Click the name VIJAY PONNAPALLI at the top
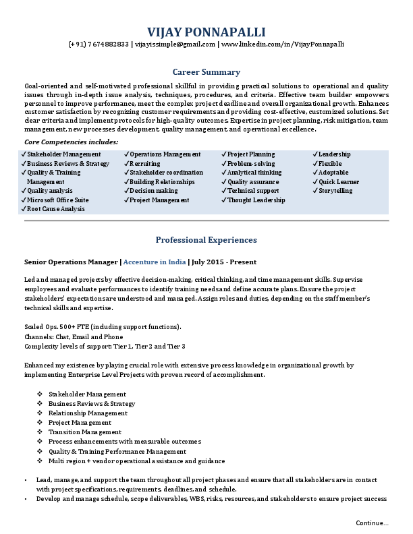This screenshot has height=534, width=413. coord(206,32)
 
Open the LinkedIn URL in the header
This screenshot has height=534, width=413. coord(283,44)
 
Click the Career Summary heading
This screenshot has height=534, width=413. coord(206,71)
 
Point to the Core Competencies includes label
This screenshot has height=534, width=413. coord(72,142)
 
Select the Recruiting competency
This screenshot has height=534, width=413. coord(145,164)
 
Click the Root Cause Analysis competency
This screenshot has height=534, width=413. coord(56,210)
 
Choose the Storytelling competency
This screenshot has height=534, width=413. coord(335,191)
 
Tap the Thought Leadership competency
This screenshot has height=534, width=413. coord(256,200)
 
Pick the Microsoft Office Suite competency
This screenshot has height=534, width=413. coord(58,200)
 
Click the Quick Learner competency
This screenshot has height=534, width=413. coord(339,182)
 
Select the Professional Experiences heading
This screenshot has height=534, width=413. coord(206,240)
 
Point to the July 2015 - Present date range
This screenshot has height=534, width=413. coord(225,262)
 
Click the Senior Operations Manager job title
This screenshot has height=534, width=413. coord(71,262)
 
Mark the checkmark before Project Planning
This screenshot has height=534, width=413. coord(224,154)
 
